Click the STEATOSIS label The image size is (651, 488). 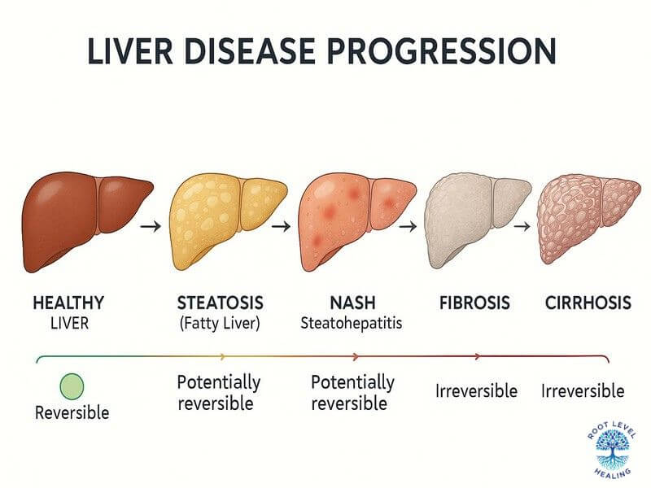coord(221,303)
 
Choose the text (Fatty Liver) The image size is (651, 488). coord(221,323)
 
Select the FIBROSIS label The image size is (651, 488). coord(473,303)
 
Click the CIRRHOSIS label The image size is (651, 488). coord(588,303)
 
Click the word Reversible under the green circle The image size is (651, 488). coord(72,412)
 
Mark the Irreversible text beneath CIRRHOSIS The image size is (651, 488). coord(583,391)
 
